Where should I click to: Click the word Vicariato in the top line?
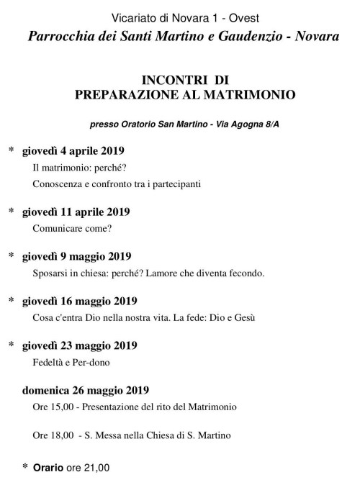pyautogui.click(x=135, y=17)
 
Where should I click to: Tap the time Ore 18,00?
pyautogui.click(x=50, y=436)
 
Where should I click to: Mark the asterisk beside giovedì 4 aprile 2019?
pyautogui.click(x=11, y=151)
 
